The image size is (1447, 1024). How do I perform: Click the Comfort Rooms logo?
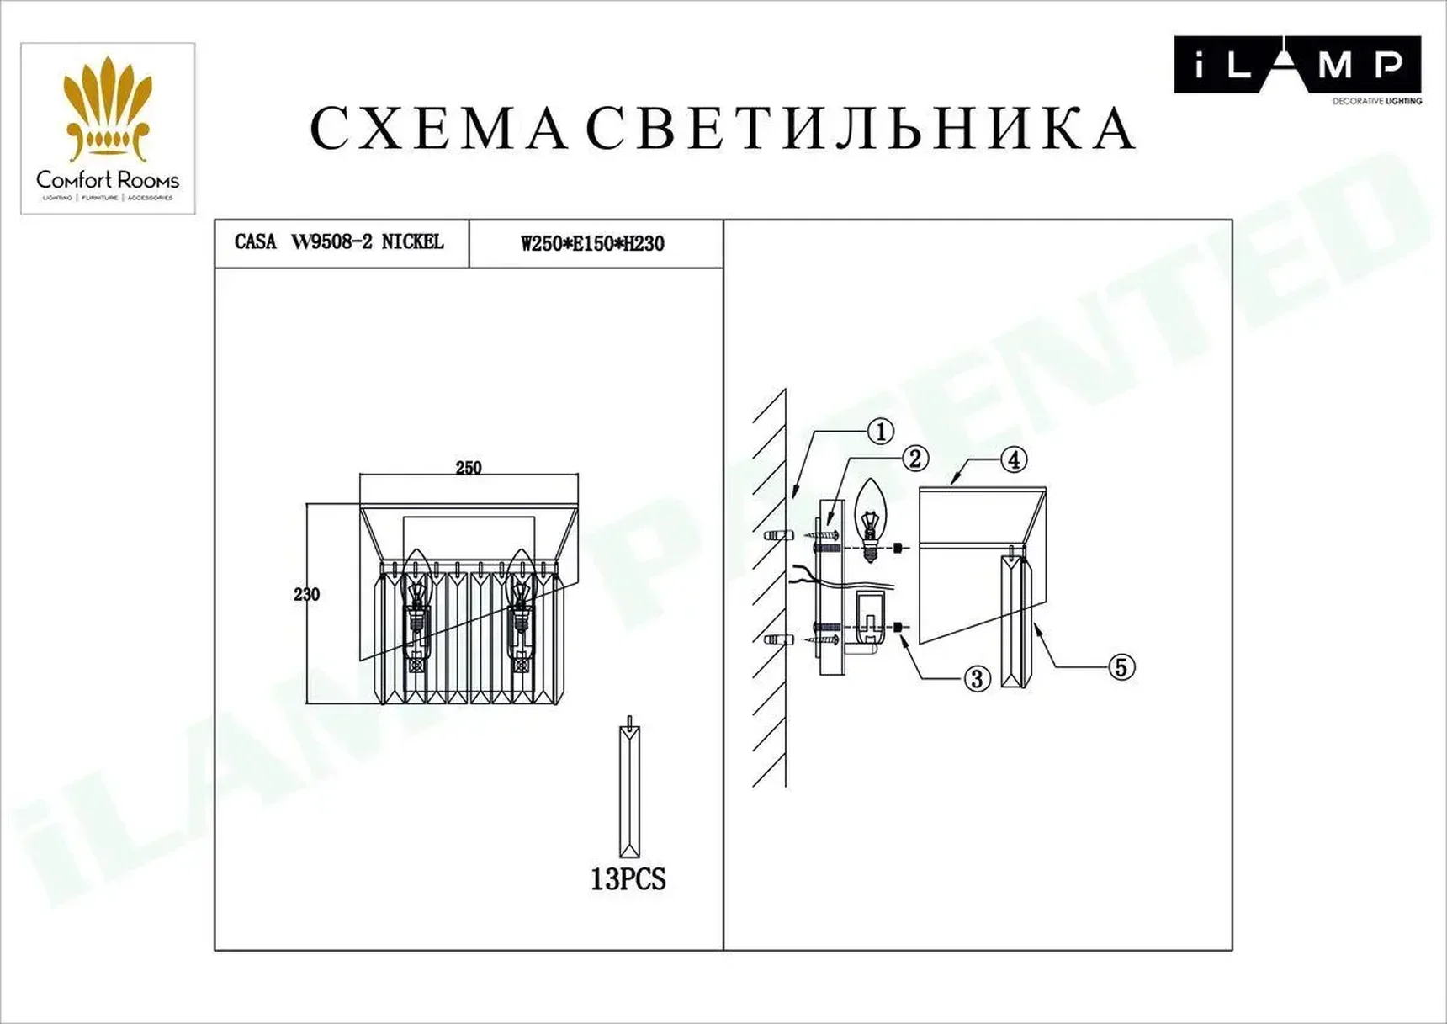[108, 129]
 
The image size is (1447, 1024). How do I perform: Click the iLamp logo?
[1296, 66]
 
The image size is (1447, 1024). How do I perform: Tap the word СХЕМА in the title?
[438, 130]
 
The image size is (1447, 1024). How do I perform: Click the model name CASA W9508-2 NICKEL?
[339, 242]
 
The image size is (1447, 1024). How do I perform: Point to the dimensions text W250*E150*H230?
[592, 244]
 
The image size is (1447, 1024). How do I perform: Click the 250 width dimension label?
[469, 468]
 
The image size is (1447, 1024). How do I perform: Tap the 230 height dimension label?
[306, 594]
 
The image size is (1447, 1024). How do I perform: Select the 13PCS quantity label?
[628, 879]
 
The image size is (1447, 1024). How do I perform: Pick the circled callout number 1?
[880, 432]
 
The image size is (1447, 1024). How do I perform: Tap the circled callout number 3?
[976, 679]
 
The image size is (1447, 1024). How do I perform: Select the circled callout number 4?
[1014, 460]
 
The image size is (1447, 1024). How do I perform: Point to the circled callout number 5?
[1120, 667]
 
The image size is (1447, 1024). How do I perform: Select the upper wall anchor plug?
[777, 535]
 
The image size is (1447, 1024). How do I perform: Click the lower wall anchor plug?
[777, 640]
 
